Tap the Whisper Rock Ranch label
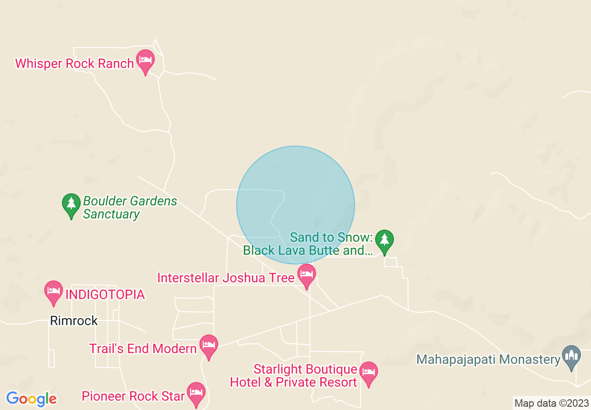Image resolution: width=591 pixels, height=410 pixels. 75,64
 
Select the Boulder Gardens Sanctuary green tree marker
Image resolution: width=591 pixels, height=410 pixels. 71,204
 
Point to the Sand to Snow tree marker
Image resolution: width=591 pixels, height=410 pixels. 384,240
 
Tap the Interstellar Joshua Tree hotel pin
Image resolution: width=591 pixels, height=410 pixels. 306,274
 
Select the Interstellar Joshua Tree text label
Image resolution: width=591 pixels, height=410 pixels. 226,278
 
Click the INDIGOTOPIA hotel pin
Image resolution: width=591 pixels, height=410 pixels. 54,291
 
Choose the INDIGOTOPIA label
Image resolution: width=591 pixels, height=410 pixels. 105,295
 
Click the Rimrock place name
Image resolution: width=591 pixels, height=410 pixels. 74,321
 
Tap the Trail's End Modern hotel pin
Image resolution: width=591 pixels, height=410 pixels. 209,345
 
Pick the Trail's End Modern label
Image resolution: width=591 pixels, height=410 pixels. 143,349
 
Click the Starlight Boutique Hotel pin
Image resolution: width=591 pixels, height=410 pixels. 369,373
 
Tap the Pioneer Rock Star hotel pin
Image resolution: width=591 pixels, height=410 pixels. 196,393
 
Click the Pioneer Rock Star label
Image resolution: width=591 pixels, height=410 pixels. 133,396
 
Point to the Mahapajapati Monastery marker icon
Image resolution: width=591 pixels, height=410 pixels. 571,356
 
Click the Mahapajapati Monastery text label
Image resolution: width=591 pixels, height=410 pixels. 488,360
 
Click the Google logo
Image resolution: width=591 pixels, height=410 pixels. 31,399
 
